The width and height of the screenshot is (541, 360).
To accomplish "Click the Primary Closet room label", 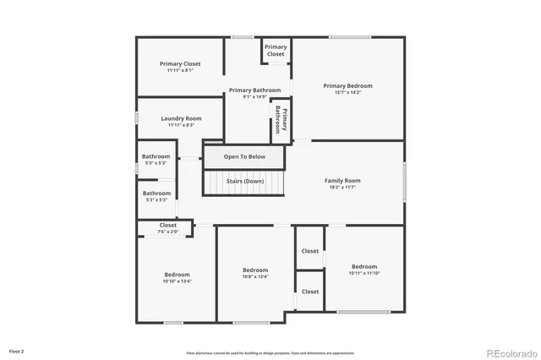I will point(180,63).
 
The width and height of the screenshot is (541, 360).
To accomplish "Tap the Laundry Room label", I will point(181,118).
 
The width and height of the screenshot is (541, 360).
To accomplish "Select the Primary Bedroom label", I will point(347,85).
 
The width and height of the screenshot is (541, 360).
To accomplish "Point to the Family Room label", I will point(342,180).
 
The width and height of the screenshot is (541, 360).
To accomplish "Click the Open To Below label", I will point(244,156).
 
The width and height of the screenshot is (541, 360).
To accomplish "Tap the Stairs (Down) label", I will point(244,182).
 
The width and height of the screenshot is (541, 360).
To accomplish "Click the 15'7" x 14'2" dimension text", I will point(347,93).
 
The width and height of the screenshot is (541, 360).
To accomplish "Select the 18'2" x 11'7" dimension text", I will point(342,188).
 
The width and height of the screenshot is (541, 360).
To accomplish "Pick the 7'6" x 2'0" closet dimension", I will point(168,232).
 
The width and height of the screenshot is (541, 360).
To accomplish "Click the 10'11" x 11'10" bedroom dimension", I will point(364,273).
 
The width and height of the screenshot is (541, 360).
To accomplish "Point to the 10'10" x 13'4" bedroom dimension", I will point(177,281).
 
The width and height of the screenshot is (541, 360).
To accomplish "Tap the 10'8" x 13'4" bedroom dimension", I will point(255,276).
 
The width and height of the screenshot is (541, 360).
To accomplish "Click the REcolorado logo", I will point(510,352).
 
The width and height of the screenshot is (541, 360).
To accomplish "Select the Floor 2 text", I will point(17,350).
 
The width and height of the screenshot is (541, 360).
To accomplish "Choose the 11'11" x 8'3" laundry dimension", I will point(181,125).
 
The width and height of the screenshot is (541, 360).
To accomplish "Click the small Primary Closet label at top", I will point(276,50).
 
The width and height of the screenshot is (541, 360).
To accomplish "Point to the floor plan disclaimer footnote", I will point(270,353).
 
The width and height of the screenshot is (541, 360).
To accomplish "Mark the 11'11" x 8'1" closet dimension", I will point(180,70).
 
